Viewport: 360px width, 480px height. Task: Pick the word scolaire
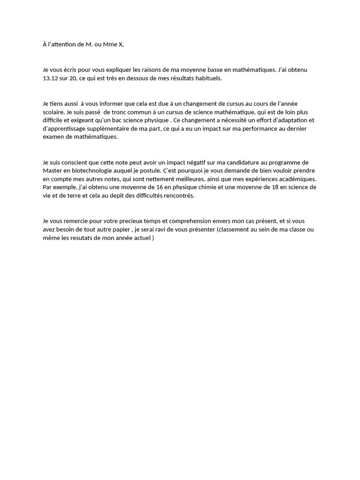pyautogui.click(x=53, y=112)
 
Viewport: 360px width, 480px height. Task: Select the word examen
pyautogui.click(x=53, y=137)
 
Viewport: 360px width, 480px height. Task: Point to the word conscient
pyautogui.click(x=76, y=163)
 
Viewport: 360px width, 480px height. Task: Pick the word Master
pyautogui.click(x=52, y=171)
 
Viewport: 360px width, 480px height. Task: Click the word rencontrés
pyautogui.click(x=177, y=196)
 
